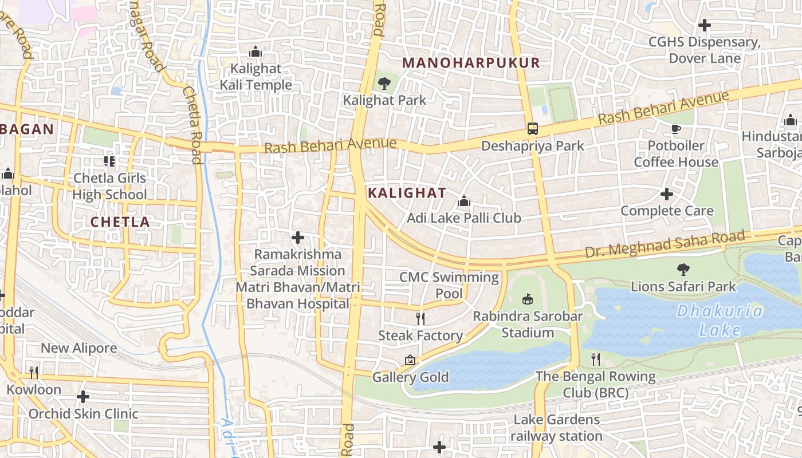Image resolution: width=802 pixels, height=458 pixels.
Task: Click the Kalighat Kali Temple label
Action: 255,77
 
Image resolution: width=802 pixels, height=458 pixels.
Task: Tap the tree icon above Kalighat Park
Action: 384,84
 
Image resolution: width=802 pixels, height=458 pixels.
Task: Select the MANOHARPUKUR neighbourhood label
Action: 471,63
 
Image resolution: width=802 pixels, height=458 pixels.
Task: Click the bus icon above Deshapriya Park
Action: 533,129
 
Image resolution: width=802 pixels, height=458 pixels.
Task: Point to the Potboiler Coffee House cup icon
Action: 675,129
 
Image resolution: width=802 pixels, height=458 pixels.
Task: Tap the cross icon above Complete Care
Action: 667,194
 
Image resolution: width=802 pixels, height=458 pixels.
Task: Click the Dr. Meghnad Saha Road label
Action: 665,243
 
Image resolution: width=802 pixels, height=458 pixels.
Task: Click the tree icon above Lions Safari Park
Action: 683,270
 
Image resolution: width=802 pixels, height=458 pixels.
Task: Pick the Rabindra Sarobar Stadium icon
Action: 528,299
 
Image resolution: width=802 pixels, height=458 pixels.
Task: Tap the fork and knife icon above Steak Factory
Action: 420,318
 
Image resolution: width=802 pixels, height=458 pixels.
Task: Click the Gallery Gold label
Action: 410,377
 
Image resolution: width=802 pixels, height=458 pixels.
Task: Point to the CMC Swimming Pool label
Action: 449,285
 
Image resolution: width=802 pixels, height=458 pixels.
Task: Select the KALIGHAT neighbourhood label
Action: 407,193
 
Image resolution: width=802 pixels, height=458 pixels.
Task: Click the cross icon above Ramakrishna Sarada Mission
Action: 298,237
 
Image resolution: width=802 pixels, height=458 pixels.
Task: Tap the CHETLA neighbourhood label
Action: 120,222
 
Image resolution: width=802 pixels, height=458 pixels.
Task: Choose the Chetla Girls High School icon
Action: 109,161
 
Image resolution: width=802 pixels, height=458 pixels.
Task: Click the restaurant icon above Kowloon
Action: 34,373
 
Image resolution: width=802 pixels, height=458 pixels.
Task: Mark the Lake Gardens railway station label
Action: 556,428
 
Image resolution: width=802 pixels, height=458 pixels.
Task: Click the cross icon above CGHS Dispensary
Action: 705,25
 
